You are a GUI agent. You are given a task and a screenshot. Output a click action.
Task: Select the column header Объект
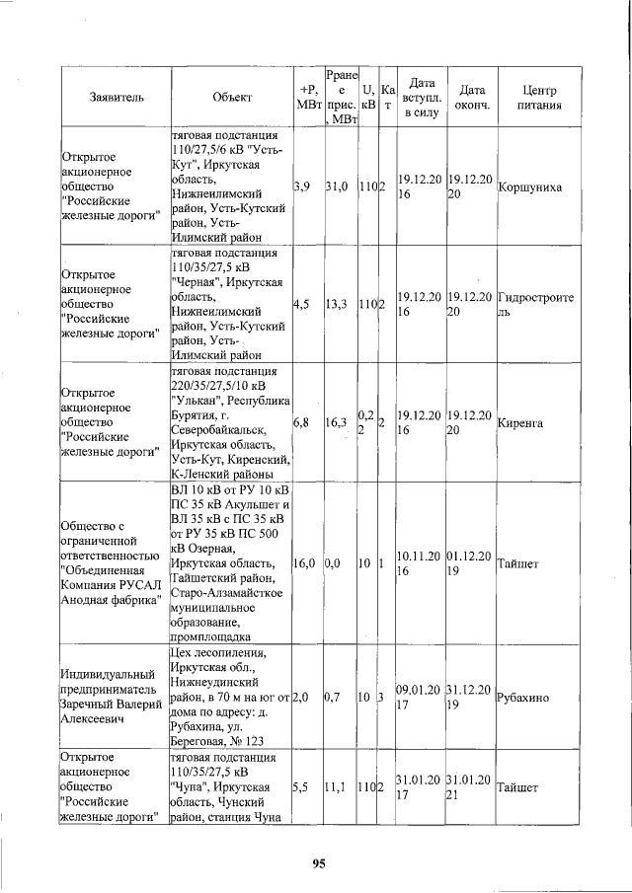click(231, 97)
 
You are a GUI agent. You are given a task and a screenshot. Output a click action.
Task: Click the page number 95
click(318, 864)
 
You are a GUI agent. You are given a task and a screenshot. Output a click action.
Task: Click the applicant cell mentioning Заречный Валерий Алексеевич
click(113, 697)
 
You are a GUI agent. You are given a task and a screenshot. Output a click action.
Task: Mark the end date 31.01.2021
click(469, 787)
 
